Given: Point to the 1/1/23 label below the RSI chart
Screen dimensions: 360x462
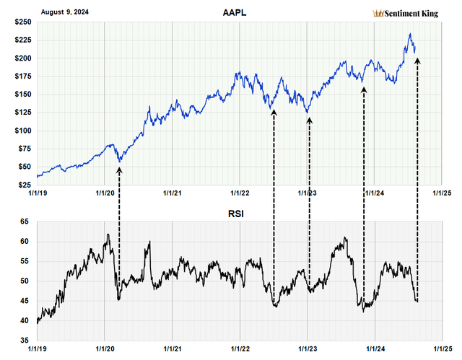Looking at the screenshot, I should [x=308, y=348].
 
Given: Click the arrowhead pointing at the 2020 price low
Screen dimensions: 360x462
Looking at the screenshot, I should [x=119, y=170].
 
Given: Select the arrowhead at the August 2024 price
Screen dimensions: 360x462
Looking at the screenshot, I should [x=418, y=61].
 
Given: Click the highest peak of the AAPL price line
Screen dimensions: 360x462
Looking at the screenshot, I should [x=410, y=34].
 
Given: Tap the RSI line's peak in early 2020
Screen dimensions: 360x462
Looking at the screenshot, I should [x=107, y=234].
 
